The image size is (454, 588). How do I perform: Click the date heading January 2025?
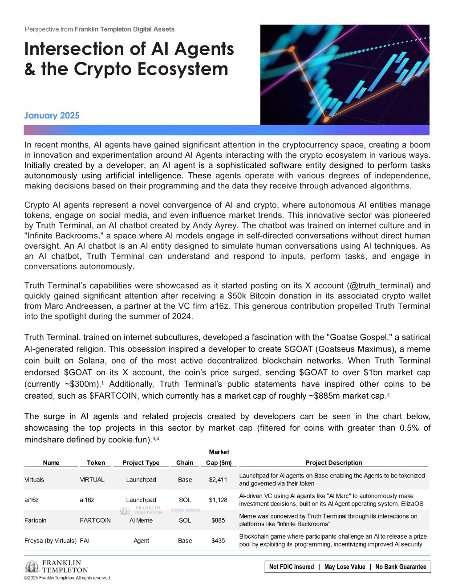tap(52, 116)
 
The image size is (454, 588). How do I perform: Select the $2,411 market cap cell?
tap(218, 480)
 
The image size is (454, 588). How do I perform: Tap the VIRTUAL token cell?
tap(92, 480)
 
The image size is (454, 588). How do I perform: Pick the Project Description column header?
tap(334, 463)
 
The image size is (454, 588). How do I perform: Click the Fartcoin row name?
tap(36, 520)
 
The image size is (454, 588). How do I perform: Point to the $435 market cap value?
tap(218, 541)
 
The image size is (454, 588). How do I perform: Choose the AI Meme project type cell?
tap(141, 520)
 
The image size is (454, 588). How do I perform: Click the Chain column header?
tap(185, 463)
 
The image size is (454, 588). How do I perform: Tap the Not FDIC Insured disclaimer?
tap(292, 567)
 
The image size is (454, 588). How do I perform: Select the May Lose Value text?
tap(345, 567)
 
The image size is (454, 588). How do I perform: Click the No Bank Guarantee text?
tap(401, 567)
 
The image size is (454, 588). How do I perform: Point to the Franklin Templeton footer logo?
tap(57, 567)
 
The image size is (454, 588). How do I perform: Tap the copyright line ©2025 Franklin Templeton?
tap(68, 578)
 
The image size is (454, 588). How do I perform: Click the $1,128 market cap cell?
tap(218, 500)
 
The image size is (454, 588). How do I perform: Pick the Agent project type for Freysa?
tap(141, 541)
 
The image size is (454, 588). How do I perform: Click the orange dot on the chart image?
tap(326, 119)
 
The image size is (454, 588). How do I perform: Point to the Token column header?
tap(96, 463)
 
